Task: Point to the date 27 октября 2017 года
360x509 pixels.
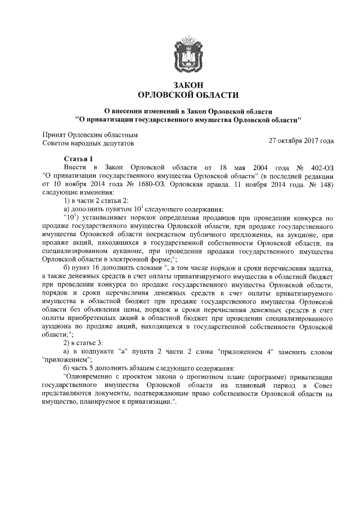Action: [301, 139]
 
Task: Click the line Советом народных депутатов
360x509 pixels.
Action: [89, 144]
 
